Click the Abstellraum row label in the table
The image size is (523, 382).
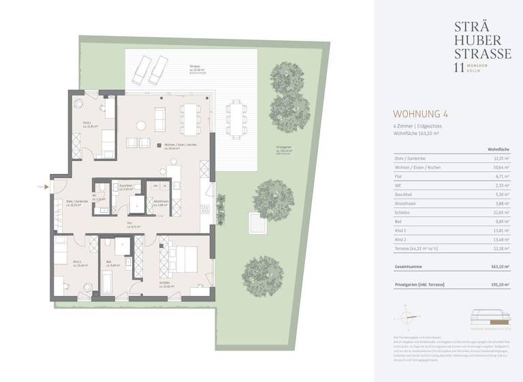(406, 204)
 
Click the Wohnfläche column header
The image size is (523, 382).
(499, 148)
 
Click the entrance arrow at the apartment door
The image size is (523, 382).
(42, 186)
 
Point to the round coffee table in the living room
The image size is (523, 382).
(142, 126)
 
